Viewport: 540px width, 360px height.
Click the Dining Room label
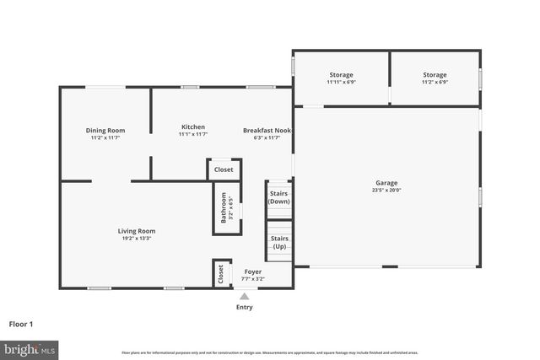[105, 130]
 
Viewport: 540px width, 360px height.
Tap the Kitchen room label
[192, 127]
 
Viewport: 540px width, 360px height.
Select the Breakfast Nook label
[267, 130]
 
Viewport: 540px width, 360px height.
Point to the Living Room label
[136, 231]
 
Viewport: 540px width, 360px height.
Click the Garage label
[386, 183]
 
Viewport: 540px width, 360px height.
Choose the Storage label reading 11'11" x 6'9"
[341, 75]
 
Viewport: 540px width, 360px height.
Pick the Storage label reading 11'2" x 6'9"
[435, 75]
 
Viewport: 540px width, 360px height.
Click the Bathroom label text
[224, 207]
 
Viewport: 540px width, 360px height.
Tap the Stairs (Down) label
[279, 197]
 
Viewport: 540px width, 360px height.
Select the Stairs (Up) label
[279, 242]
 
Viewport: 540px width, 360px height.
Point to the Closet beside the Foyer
[221, 273]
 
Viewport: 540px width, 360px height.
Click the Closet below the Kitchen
[224, 169]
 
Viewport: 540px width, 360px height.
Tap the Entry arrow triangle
[244, 296]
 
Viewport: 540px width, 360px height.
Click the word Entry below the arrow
[244, 307]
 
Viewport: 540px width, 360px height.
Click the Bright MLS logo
[30, 348]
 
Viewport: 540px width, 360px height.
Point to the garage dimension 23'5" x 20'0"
[386, 191]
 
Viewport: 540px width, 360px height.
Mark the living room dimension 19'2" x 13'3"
[136, 239]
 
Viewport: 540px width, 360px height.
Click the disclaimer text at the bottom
[270, 352]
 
